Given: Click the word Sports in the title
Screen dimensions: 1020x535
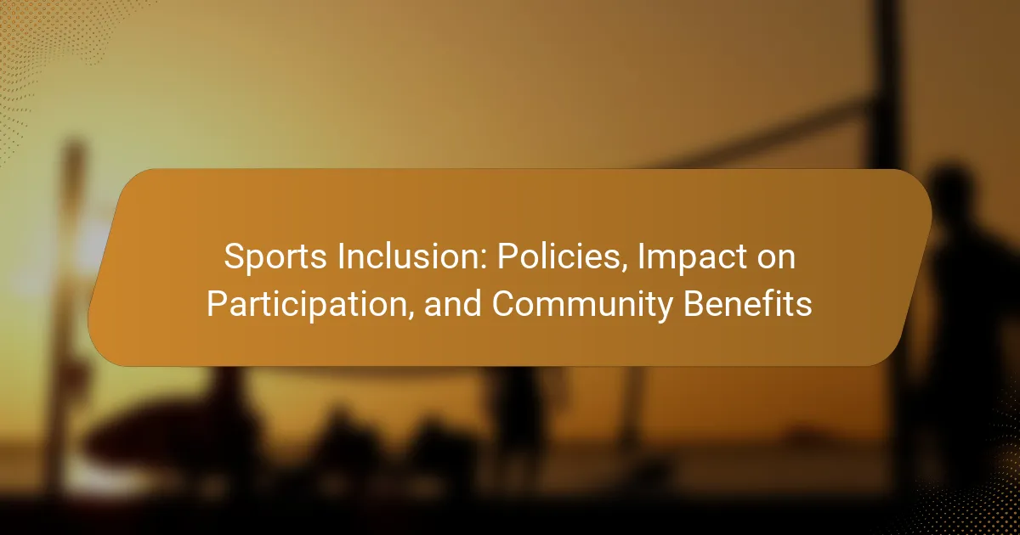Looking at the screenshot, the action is click(275, 257).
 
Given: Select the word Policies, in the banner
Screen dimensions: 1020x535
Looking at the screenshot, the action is click(563, 257).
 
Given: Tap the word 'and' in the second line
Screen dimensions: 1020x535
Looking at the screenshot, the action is click(452, 303).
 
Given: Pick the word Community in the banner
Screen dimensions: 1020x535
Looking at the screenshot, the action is click(582, 305).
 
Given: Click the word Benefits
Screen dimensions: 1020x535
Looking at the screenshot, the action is click(748, 303).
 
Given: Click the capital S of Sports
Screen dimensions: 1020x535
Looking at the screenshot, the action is click(236, 257).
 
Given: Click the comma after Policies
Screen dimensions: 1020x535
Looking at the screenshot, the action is click(625, 270).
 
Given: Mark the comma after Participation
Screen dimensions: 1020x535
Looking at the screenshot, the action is click(411, 317).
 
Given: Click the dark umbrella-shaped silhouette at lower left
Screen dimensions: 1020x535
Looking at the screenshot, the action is click(168, 436).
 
